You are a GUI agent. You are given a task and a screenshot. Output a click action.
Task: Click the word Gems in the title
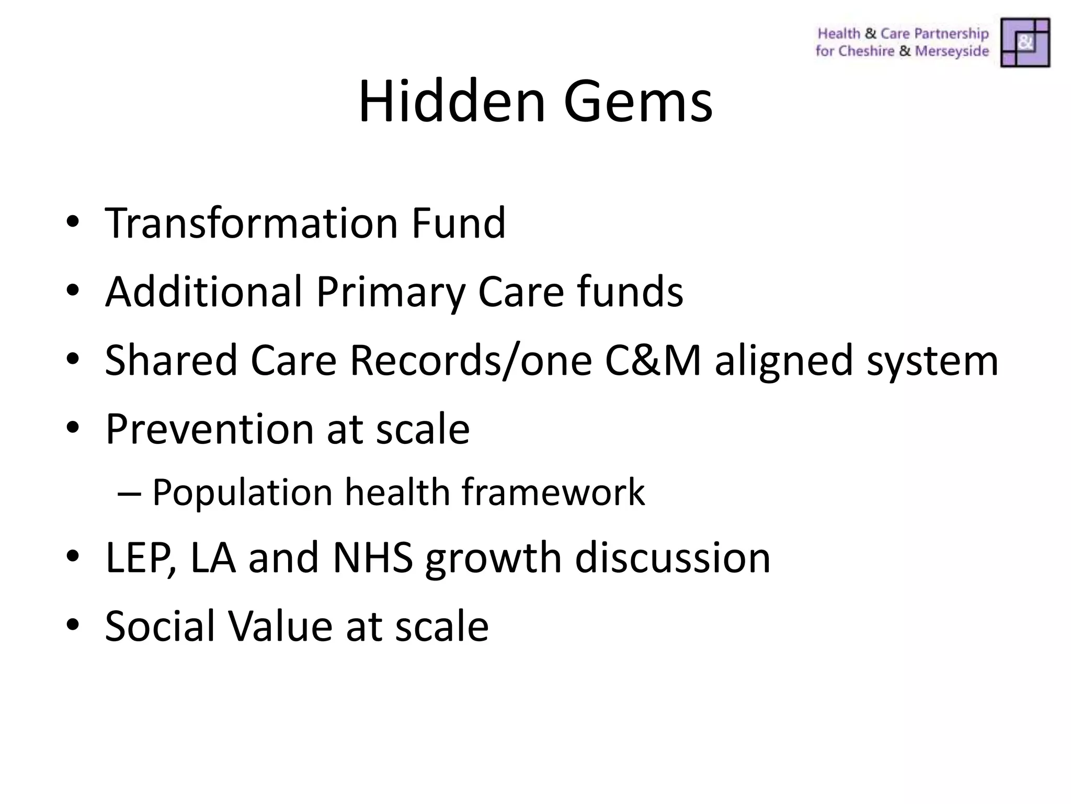637,100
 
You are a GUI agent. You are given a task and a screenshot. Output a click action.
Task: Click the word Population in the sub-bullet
242,493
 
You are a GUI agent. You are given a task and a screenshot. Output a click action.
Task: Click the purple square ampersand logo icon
1025,42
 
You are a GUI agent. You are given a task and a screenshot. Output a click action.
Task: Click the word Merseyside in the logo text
952,51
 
